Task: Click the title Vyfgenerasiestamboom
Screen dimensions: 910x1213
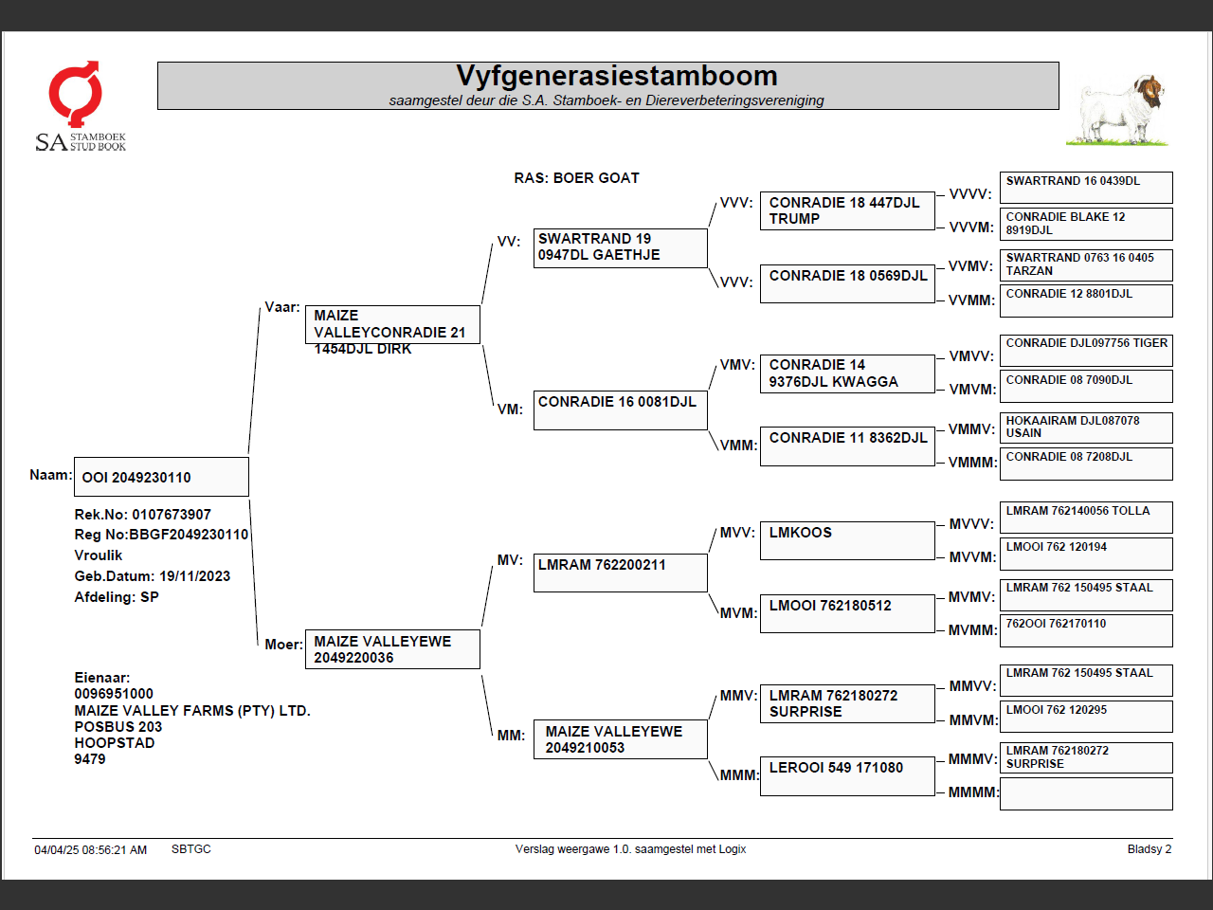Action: coord(616,76)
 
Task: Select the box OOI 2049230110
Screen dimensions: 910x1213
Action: coord(161,477)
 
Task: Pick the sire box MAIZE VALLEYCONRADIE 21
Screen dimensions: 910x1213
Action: coord(392,324)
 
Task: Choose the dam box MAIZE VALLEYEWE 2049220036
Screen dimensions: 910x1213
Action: coord(392,649)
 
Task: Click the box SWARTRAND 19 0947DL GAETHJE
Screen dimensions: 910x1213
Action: coord(620,247)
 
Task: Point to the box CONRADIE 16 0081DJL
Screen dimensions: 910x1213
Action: coord(620,409)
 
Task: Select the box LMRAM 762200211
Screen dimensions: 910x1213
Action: coord(620,573)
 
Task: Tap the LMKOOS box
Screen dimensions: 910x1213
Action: coord(847,539)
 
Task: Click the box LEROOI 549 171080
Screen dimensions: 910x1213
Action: coord(847,775)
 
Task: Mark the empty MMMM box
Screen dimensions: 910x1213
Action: coord(1086,793)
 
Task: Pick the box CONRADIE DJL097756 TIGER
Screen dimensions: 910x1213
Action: coord(1086,350)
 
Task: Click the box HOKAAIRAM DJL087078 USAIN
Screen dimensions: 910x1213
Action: coord(1086,427)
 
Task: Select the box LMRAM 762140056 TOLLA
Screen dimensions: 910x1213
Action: coord(1086,517)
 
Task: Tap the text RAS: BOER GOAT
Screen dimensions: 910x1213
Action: coord(576,178)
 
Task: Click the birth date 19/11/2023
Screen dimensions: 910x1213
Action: coord(194,576)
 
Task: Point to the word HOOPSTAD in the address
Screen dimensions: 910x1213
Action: coord(115,743)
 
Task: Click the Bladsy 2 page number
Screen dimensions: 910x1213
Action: coord(1149,849)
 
